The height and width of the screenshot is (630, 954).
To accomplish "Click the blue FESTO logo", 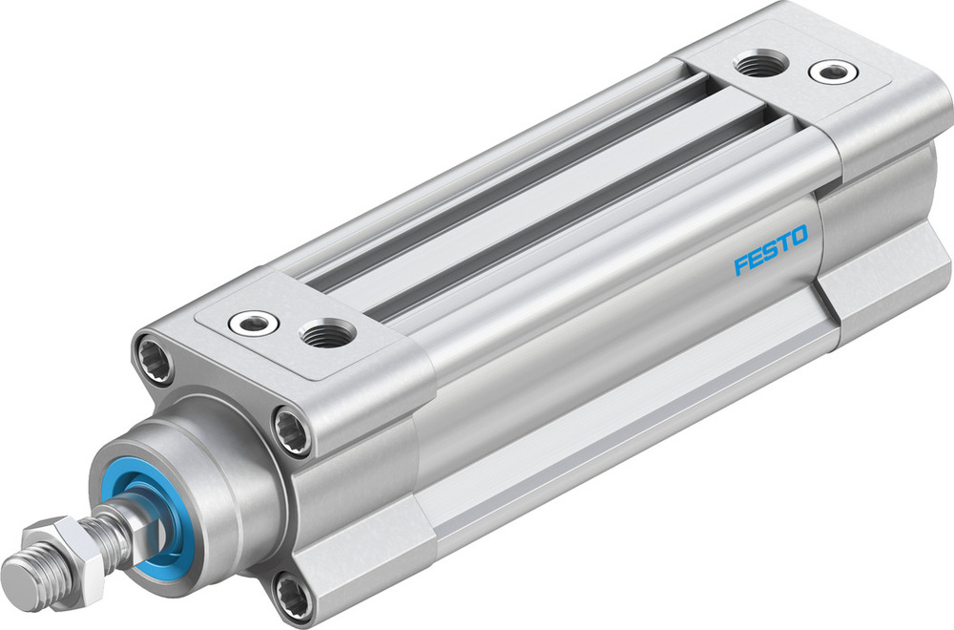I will click(771, 250).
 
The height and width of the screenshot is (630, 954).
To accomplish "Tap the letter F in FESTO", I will click(741, 264).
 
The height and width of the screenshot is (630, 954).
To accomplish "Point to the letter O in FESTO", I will click(799, 235).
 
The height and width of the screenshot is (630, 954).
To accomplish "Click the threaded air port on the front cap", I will click(326, 333).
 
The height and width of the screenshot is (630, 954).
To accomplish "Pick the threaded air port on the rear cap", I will click(761, 66).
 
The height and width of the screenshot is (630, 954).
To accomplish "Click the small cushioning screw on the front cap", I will click(253, 324).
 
